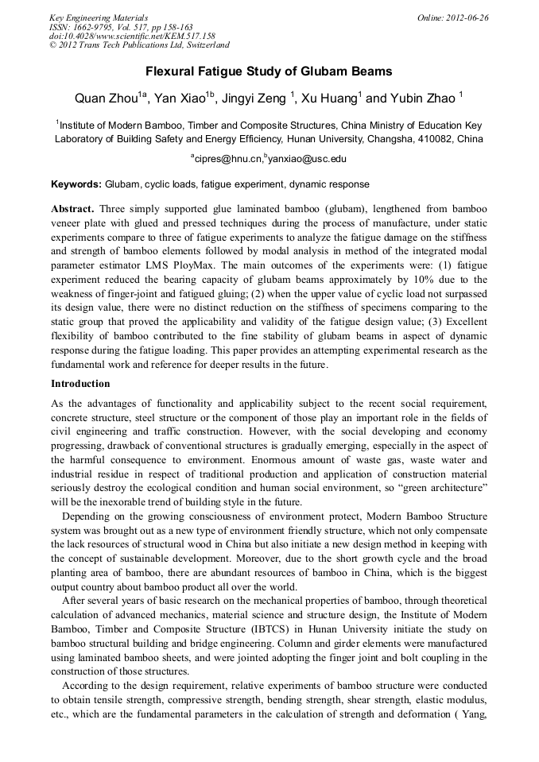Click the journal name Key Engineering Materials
click(x=98, y=17)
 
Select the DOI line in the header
click(x=132, y=36)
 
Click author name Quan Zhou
click(x=105, y=99)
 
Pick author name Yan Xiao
click(x=178, y=99)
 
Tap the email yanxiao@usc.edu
click(x=308, y=159)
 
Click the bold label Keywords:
click(x=76, y=184)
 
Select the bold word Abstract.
click(x=72, y=207)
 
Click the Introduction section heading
click(x=80, y=383)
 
